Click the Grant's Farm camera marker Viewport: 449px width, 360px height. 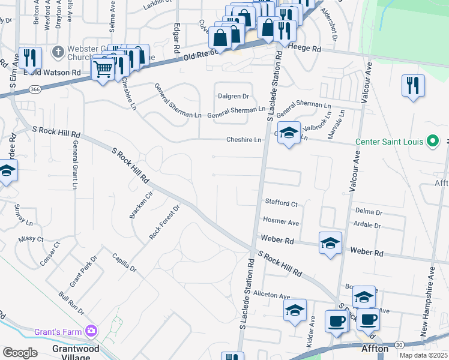[91, 330]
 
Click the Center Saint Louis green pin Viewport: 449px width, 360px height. [432, 142]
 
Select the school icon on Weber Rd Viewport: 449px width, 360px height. [330, 243]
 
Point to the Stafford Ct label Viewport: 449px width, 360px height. [282, 204]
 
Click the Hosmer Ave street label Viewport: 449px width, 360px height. [281, 222]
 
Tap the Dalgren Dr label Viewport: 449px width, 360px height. [234, 96]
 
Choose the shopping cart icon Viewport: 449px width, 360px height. [103, 70]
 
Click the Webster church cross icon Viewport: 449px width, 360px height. [58, 52]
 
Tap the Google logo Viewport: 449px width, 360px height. [20, 352]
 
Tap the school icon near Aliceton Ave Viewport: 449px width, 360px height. [295, 310]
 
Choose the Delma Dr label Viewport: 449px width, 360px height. [369, 212]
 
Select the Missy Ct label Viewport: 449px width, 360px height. [31, 239]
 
